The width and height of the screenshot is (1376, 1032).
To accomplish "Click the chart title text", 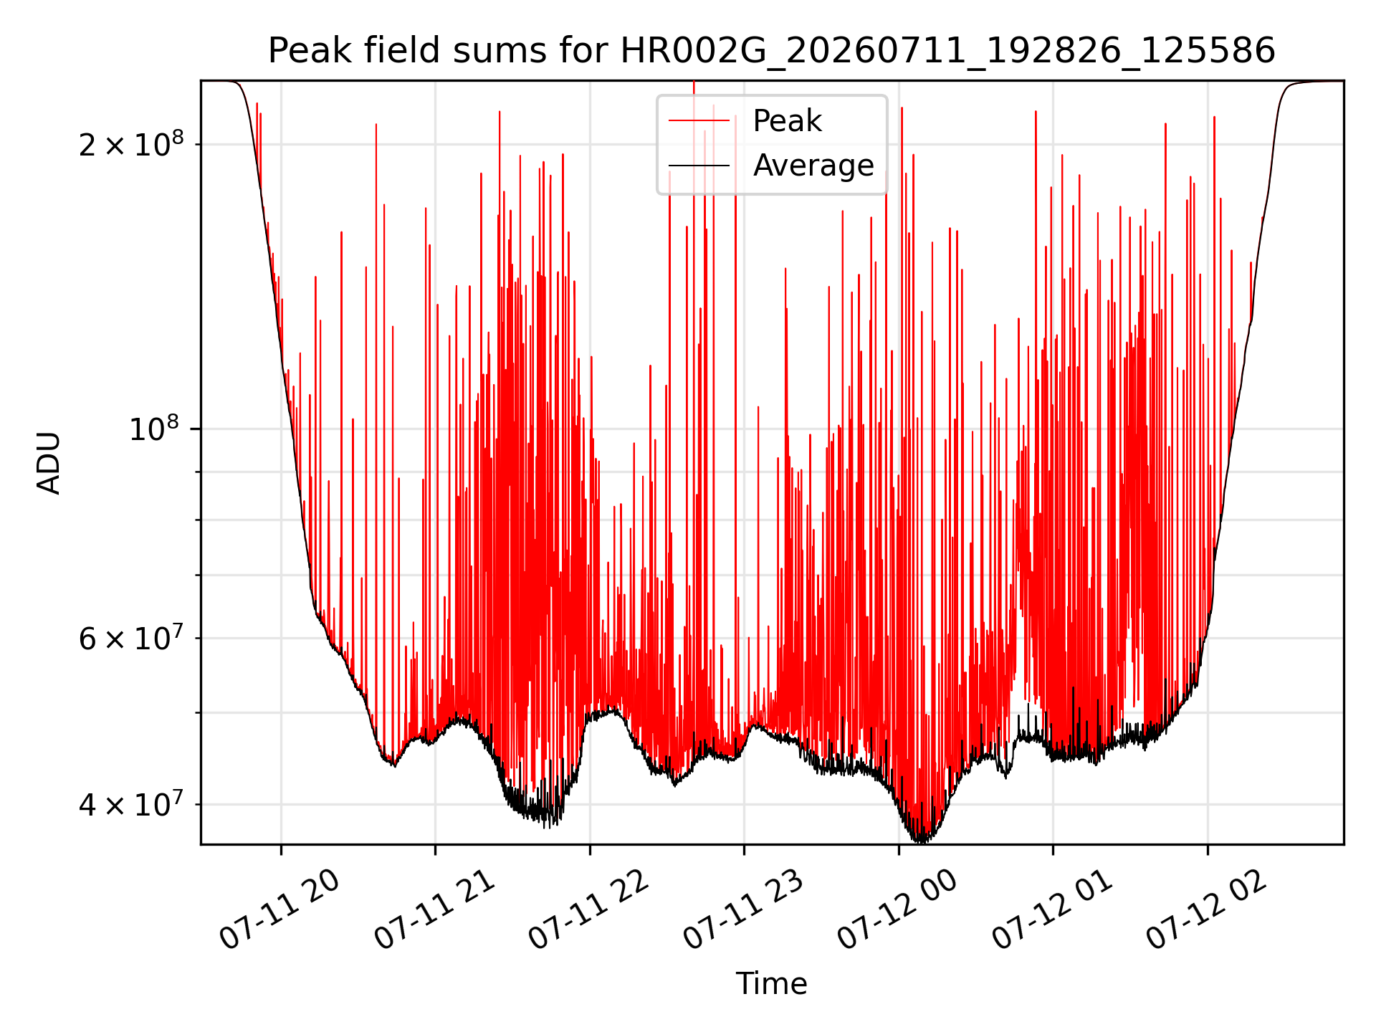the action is [x=772, y=51].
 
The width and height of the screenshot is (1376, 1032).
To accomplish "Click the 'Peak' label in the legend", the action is [x=787, y=121].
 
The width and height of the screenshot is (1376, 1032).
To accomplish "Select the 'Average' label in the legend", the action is [x=813, y=166].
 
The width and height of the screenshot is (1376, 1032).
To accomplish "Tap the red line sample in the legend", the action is [x=699, y=121].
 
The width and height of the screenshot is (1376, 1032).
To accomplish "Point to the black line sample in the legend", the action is [x=699, y=166].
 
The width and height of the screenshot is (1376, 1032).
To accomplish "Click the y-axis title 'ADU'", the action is [x=49, y=462].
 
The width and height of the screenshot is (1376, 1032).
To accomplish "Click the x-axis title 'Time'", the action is [x=772, y=984].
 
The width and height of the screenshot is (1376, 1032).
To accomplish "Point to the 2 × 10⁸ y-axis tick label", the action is [x=131, y=143].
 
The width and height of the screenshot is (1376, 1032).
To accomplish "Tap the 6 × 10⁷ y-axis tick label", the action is [x=131, y=637].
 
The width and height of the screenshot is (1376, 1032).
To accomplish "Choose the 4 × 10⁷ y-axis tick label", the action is [x=131, y=803].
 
